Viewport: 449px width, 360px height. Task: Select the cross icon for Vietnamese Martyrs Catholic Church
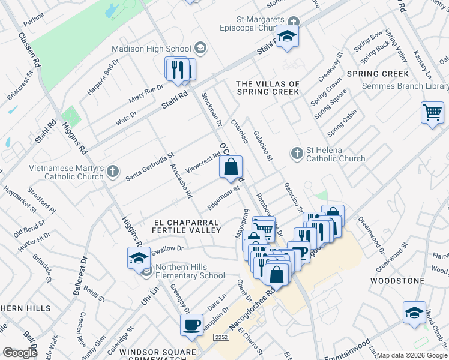pos(112,173)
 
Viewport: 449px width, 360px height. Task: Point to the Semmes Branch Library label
pos(405,86)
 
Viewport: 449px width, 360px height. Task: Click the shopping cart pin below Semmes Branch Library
pos(432,113)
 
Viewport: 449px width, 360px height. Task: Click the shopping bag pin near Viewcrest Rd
pos(231,168)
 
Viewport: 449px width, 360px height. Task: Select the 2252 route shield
pos(221,338)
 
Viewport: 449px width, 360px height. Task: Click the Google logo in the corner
pos(20,353)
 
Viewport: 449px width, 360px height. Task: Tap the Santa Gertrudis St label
pos(149,167)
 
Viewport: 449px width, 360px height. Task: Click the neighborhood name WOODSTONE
pos(393,281)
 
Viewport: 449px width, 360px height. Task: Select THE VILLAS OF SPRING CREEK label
pos(268,88)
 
